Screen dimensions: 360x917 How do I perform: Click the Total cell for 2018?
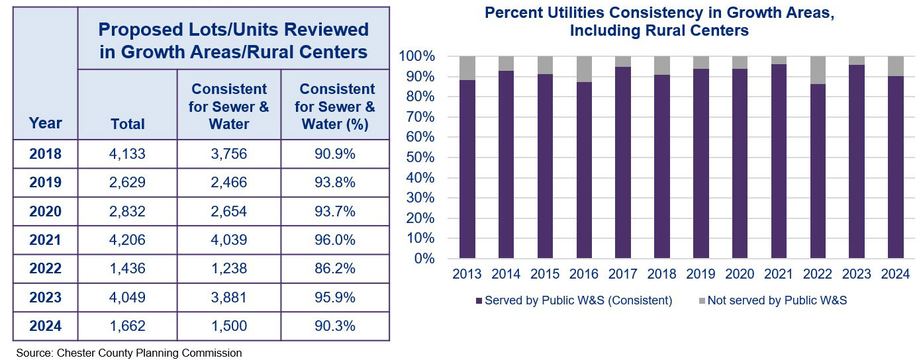pos(127,155)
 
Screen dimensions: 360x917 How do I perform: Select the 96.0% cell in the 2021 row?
pos(335,240)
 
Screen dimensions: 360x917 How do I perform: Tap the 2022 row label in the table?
pos(45,269)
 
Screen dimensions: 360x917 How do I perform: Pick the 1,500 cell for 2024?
pos(228,326)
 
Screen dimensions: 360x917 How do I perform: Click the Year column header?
pos(45,123)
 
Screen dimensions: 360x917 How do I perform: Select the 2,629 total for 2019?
pos(127,183)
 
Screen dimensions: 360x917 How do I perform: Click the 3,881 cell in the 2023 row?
pos(228,297)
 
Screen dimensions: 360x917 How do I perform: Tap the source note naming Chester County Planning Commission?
pos(128,353)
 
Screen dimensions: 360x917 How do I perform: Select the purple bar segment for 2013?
pos(467,169)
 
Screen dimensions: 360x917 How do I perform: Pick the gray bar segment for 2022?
pos(818,70)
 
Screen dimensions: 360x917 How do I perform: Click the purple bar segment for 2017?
pos(623,162)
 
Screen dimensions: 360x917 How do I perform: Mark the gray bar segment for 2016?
pos(584,69)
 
